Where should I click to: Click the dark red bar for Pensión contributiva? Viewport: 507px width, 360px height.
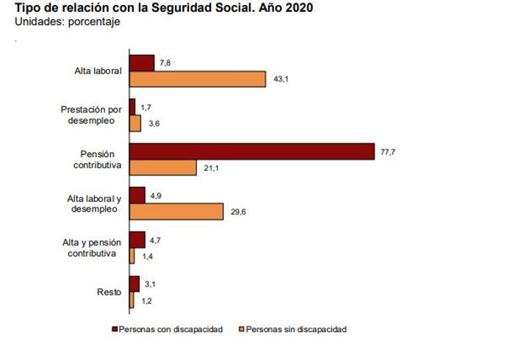pos(251,151)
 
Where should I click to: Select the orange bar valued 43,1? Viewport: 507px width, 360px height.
pos(197,79)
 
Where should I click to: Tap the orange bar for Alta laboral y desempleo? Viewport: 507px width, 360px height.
pos(176,212)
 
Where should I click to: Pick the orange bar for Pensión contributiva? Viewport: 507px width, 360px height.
pos(162,168)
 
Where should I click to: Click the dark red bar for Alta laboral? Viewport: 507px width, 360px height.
pos(141,63)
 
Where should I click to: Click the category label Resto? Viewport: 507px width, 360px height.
pos(109,292)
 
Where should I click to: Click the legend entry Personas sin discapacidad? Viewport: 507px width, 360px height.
pos(296,329)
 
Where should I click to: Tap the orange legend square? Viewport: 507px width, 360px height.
pos(242,329)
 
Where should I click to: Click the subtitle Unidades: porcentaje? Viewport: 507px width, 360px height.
pos(67,21)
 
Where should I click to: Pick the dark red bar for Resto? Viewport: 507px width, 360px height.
pos(134,284)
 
